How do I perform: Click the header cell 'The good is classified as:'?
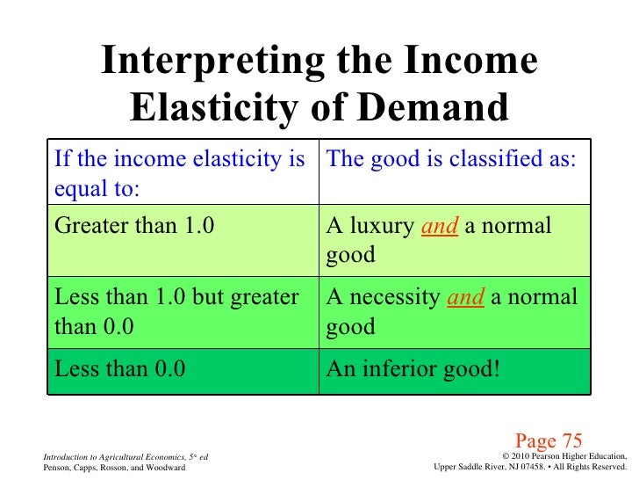pyautogui.click(x=451, y=159)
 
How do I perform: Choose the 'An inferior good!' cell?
pyautogui.click(x=413, y=369)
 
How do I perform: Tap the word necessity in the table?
pyautogui.click(x=398, y=298)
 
